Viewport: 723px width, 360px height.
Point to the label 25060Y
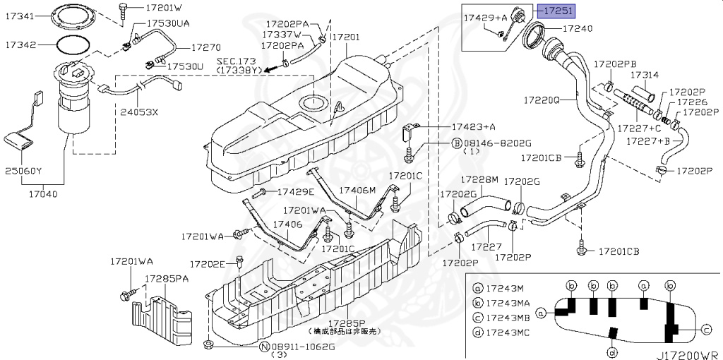click(x=23, y=171)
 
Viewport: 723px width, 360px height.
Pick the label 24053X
click(x=139, y=112)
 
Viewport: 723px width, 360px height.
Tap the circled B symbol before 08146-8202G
click(x=455, y=143)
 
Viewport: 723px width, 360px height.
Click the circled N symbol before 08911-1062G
click(x=263, y=347)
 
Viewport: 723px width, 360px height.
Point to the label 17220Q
click(x=542, y=100)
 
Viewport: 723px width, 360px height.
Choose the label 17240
click(x=577, y=29)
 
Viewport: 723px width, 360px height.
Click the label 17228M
click(x=479, y=179)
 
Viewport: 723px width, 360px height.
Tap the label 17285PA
click(x=167, y=278)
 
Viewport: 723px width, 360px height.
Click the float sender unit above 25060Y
click(x=21, y=139)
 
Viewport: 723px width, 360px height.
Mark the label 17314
click(x=644, y=75)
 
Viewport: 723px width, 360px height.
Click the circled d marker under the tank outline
click(x=611, y=352)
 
